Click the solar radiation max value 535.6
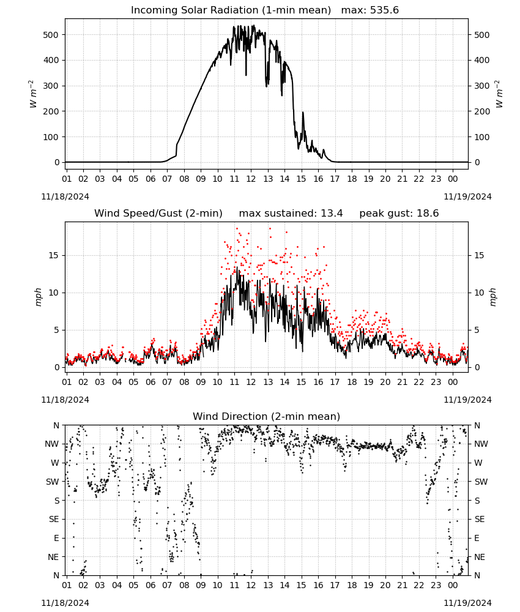coord(384,10)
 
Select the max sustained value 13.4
coord(332,213)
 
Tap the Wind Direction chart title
coord(267,416)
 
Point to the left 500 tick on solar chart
coord(51,35)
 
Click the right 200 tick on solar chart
coord(482,111)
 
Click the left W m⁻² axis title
coord(33,94)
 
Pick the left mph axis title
coord(38,297)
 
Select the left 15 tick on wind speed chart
coord(53,255)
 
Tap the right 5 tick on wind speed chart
coord(477,330)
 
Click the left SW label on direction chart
coord(53,482)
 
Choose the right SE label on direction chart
coord(480,519)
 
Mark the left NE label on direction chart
coord(53,557)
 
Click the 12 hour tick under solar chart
coord(251,179)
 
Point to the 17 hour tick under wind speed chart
coord(335,382)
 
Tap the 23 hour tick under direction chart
coord(436,586)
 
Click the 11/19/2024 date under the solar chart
coord(467,196)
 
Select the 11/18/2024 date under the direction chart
coord(65,603)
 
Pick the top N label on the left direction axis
coord(56,425)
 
